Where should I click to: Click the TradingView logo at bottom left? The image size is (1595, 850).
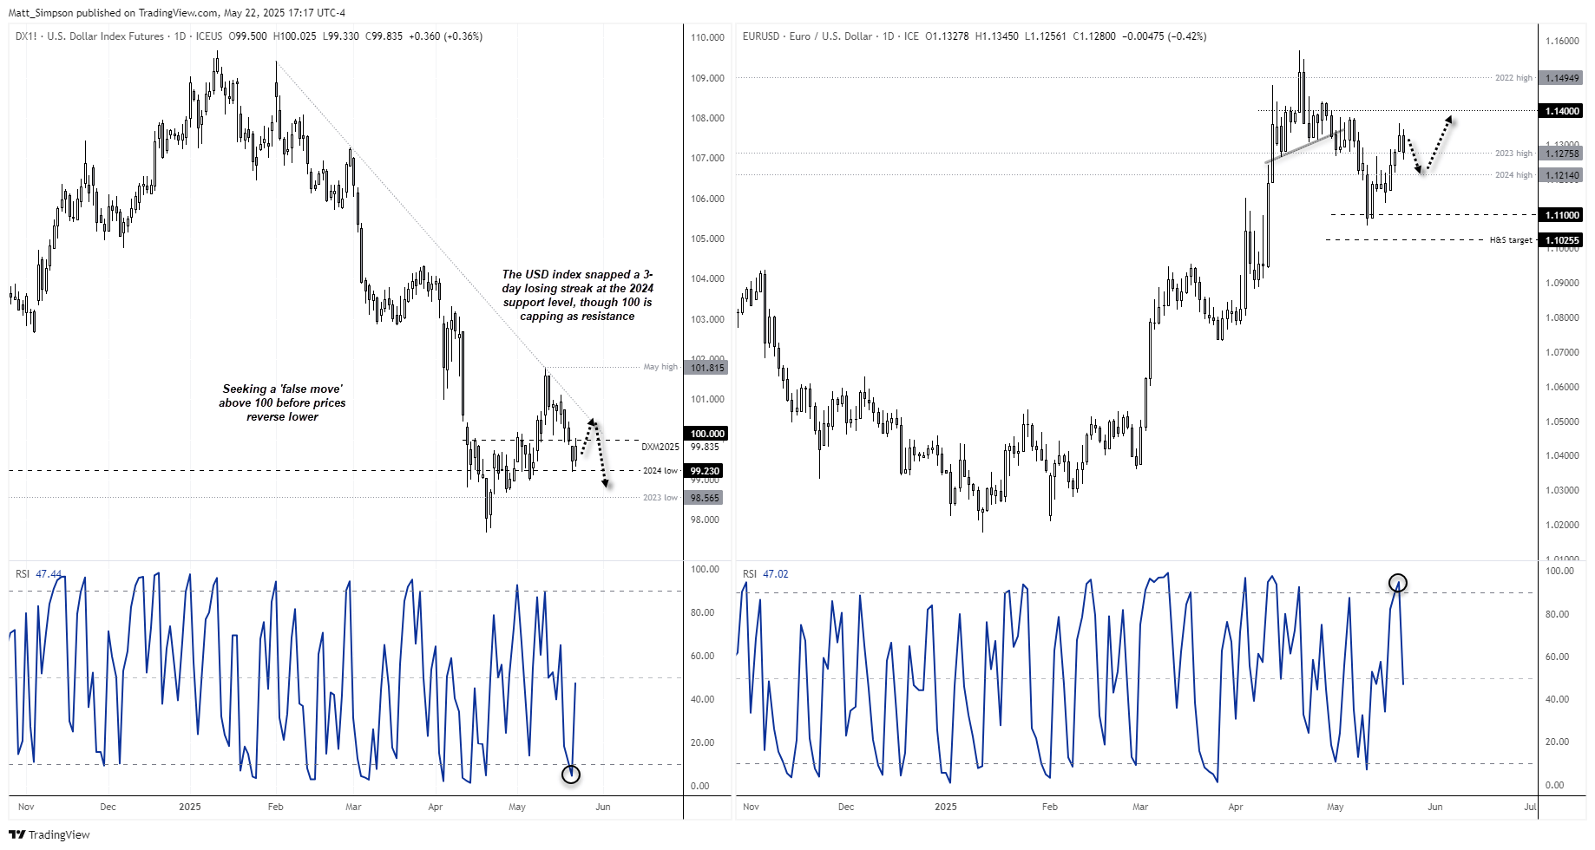[49, 834]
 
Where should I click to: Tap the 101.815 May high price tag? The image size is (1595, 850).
[707, 368]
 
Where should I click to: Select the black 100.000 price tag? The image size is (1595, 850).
[707, 434]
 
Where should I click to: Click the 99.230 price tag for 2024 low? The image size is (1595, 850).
[705, 471]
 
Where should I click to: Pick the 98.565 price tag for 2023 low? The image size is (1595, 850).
[705, 498]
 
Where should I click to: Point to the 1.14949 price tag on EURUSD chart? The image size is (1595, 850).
[1562, 78]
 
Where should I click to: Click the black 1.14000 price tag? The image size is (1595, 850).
[1562, 111]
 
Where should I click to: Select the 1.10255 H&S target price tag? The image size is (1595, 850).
[1562, 240]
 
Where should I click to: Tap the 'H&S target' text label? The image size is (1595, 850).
[1511, 240]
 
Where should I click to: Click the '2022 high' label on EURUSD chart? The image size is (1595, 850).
[1513, 78]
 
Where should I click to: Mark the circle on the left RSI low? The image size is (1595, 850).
[570, 775]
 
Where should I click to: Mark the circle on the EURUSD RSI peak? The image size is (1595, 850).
[1397, 583]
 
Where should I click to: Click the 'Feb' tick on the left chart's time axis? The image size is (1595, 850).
[275, 807]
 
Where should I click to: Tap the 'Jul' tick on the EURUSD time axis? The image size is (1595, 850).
[1529, 807]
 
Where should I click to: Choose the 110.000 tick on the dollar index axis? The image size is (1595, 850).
[707, 37]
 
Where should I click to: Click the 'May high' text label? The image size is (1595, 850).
[660, 367]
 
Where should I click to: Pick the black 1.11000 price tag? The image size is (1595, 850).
[1562, 215]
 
